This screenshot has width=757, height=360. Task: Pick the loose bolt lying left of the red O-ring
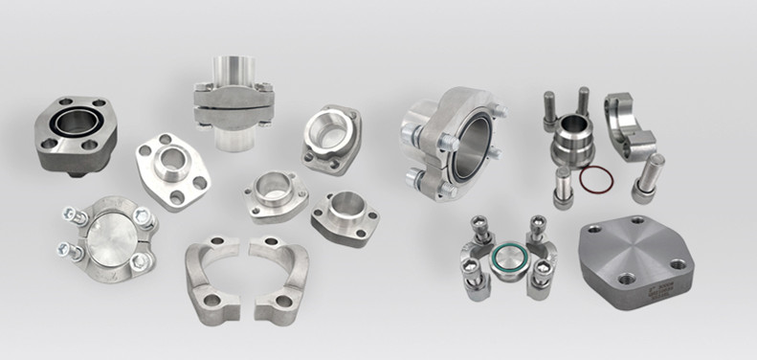564,188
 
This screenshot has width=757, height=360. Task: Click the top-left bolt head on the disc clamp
69,215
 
